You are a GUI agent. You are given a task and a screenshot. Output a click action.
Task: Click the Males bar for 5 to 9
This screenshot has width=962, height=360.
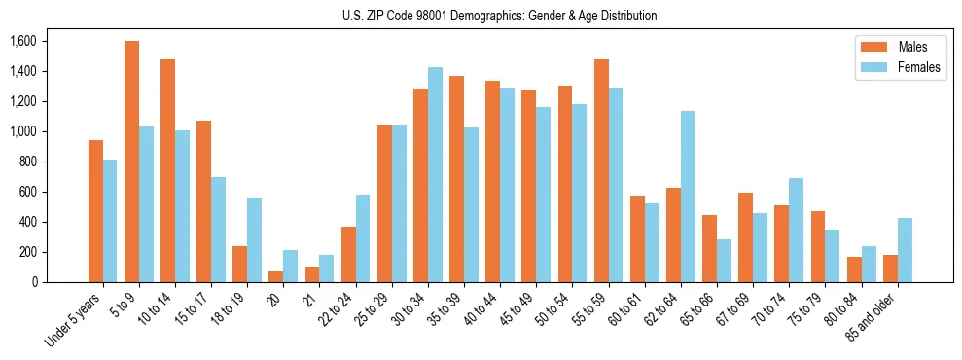(131, 162)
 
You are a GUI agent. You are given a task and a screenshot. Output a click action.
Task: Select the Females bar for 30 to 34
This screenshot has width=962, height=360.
(435, 175)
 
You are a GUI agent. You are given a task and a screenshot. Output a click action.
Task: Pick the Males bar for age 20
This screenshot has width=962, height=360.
(276, 276)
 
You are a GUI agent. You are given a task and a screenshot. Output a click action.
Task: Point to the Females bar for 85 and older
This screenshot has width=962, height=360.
(905, 250)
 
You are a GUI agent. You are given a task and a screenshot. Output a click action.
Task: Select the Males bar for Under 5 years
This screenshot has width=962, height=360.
(95, 211)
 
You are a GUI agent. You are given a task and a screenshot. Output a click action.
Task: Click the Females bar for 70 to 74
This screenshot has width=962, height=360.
(796, 231)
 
